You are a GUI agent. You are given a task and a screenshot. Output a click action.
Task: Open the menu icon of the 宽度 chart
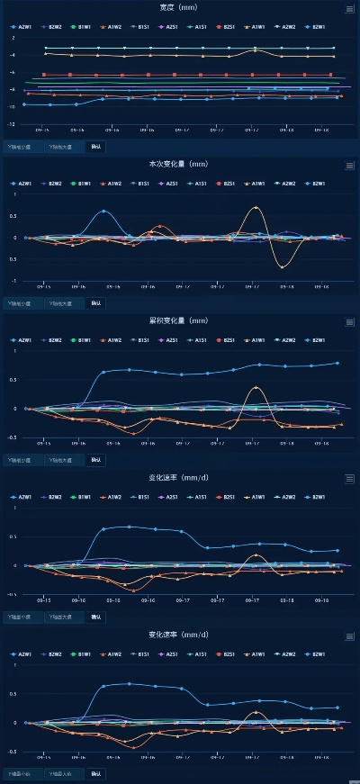(349, 9)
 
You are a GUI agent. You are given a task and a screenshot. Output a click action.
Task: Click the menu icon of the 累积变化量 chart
(349, 321)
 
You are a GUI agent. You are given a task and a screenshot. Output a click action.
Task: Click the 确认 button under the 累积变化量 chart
(95, 460)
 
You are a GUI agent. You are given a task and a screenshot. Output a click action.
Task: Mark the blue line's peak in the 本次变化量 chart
(103, 212)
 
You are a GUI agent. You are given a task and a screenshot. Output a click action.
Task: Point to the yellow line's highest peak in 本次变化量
(256, 207)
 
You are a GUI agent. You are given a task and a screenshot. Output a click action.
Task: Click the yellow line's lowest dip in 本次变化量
(283, 267)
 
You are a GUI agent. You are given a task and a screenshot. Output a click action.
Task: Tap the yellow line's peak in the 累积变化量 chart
(256, 387)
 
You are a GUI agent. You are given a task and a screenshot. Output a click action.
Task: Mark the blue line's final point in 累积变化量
(337, 363)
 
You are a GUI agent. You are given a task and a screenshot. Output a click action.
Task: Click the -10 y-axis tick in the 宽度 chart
(13, 106)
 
